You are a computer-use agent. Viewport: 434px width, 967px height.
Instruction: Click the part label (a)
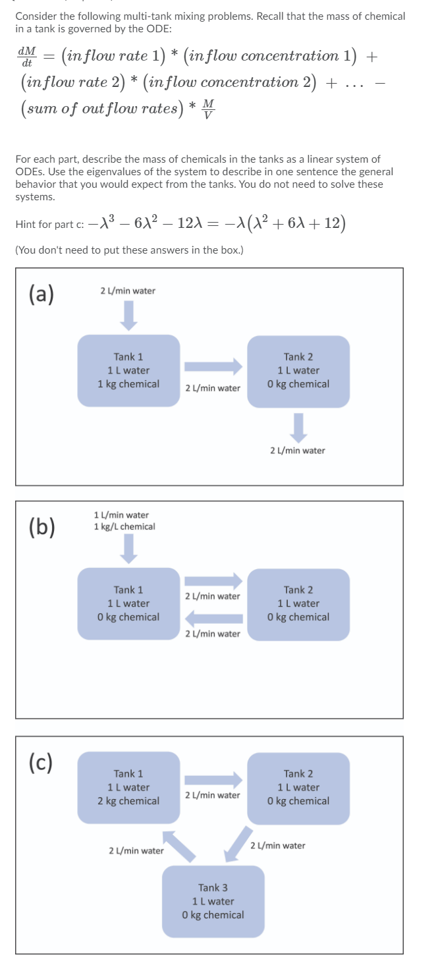click(41, 294)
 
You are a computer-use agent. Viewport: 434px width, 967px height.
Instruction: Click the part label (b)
click(42, 527)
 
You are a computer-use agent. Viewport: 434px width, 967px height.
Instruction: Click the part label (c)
click(41, 762)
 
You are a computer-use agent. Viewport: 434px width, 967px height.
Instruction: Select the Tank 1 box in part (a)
click(128, 370)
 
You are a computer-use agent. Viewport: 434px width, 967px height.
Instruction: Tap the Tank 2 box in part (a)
click(298, 372)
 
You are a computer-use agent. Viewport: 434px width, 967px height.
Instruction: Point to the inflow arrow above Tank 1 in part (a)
click(128, 316)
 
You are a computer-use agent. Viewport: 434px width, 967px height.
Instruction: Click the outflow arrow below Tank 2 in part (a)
click(298, 428)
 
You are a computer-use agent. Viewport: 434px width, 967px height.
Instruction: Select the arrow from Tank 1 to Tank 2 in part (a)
click(213, 366)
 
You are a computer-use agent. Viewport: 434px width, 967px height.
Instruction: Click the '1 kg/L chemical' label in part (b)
click(124, 526)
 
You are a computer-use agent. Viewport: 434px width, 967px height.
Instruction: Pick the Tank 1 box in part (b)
click(128, 603)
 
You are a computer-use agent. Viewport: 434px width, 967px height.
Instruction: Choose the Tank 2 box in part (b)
click(298, 605)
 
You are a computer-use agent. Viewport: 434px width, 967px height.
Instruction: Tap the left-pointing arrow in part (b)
click(213, 619)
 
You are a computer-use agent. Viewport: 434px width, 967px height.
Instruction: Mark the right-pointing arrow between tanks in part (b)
click(213, 581)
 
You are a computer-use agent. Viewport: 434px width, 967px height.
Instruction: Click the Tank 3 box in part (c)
click(213, 901)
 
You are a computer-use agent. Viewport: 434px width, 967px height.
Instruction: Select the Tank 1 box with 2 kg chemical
click(128, 787)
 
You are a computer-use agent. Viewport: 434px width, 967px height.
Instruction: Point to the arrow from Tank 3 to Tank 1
click(179, 846)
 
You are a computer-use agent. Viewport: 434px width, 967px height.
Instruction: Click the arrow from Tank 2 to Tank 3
click(238, 844)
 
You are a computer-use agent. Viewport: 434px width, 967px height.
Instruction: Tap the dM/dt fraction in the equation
click(27, 57)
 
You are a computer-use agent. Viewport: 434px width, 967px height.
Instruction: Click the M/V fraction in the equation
click(208, 109)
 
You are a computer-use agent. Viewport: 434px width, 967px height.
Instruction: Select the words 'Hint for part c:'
click(49, 224)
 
